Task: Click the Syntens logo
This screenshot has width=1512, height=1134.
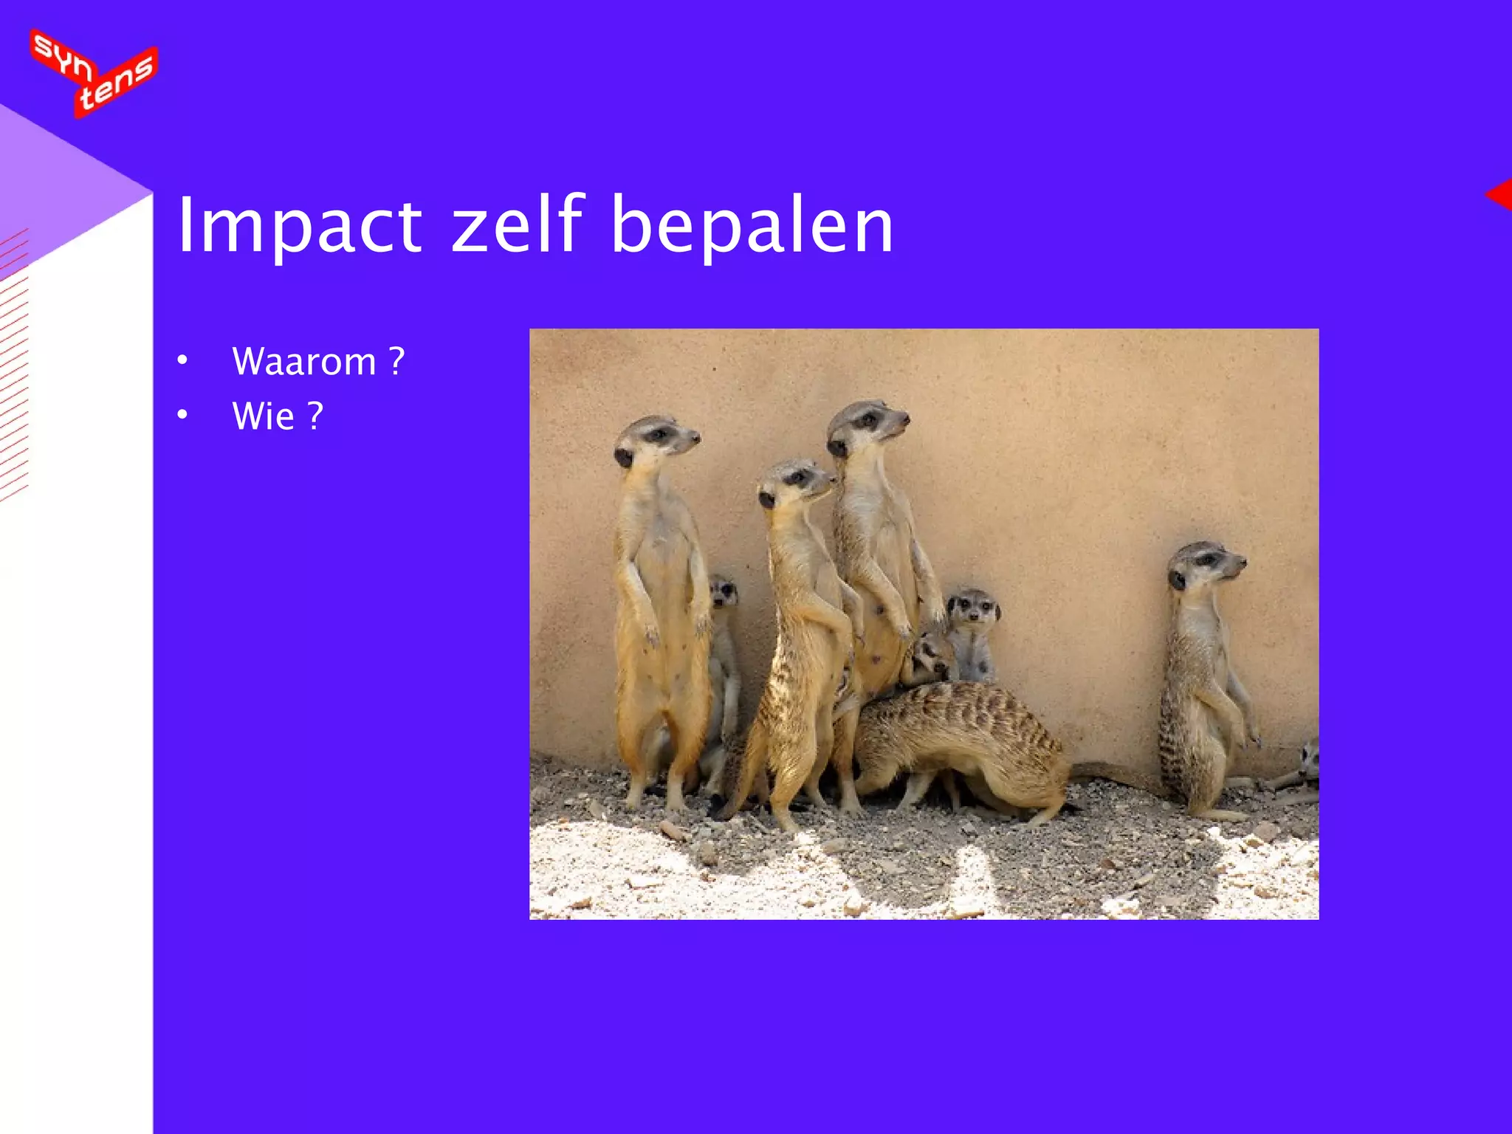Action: point(94,73)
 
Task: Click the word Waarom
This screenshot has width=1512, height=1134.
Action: point(304,362)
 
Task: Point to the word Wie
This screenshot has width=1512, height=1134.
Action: point(264,416)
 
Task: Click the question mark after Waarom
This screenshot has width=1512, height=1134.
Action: point(397,361)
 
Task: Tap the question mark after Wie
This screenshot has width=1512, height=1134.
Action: point(315,416)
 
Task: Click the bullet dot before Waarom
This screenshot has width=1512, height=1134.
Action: point(182,361)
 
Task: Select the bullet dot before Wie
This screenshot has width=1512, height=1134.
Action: point(182,415)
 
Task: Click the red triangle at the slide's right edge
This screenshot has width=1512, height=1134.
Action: point(1500,195)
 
